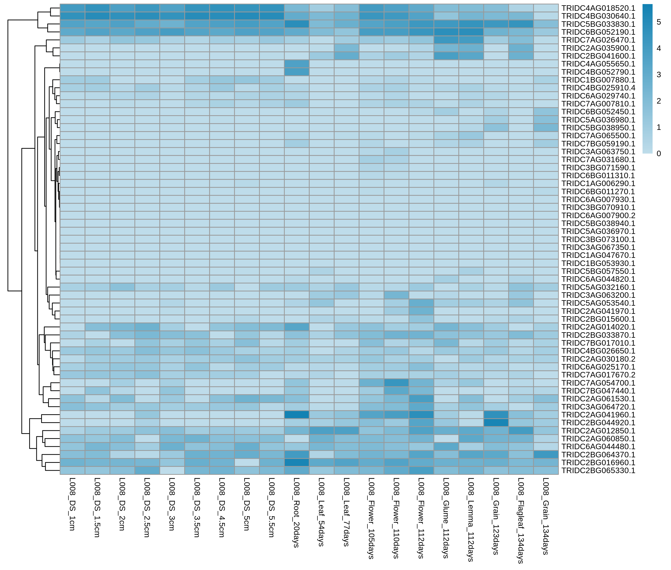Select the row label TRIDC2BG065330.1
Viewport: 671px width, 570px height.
click(598, 470)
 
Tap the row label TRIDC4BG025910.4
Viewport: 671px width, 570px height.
click(598, 88)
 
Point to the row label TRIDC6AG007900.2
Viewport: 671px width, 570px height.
click(598, 216)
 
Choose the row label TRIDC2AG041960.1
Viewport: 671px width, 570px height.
click(598, 415)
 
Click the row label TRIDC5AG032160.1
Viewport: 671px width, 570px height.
click(598, 287)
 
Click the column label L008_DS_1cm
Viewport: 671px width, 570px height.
click(72, 504)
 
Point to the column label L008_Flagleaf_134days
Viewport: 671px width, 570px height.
click(521, 520)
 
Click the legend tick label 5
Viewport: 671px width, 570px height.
click(659, 22)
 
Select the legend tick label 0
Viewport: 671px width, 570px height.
click(659, 154)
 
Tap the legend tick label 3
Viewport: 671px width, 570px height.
click(659, 75)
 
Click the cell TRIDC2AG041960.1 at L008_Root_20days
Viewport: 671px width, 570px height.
click(297, 415)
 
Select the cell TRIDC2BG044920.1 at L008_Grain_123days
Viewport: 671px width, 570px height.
click(496, 423)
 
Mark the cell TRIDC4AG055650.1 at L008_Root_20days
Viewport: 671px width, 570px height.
click(297, 64)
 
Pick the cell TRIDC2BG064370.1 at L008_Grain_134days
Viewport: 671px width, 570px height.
click(546, 455)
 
